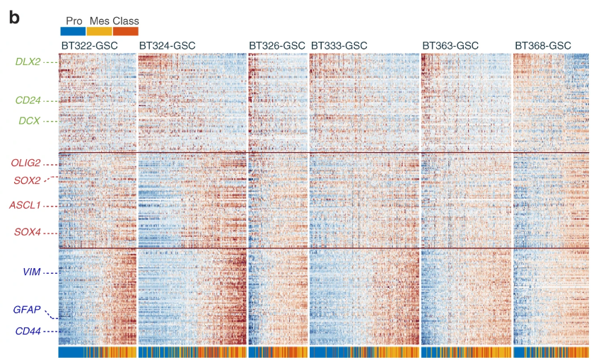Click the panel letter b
(14, 17)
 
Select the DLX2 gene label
(28, 62)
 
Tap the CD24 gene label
(28, 100)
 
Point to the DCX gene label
(29, 121)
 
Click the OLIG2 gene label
(25, 163)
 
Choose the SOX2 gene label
(27, 180)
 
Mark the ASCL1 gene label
(25, 206)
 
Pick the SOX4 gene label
(28, 232)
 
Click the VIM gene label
(31, 272)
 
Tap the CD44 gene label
(28, 331)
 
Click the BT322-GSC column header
(89, 46)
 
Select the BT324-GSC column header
(168, 46)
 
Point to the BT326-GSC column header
(277, 46)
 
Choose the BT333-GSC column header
(339, 46)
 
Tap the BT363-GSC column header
(450, 46)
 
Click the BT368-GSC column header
(542, 46)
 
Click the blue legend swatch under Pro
(74, 31)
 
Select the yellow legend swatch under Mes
(100, 31)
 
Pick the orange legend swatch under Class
(126, 31)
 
